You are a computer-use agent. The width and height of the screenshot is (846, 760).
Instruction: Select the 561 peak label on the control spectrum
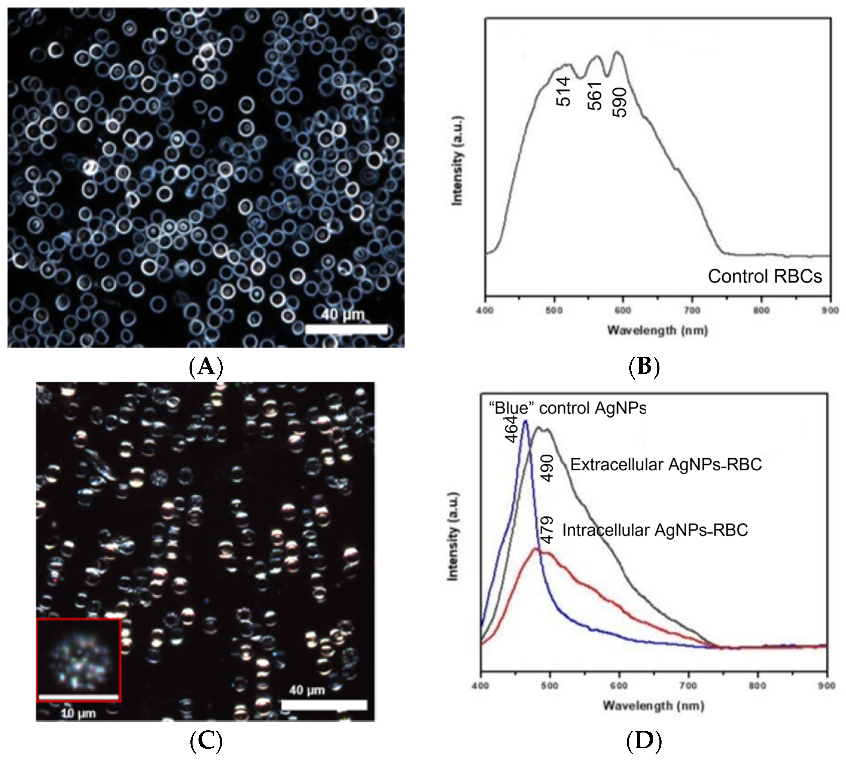pyautogui.click(x=595, y=96)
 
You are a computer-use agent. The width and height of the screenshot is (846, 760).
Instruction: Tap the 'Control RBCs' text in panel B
pyautogui.click(x=765, y=277)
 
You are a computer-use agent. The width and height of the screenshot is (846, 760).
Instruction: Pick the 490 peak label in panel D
pyautogui.click(x=547, y=468)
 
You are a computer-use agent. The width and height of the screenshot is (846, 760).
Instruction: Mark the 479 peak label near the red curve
pyautogui.click(x=547, y=529)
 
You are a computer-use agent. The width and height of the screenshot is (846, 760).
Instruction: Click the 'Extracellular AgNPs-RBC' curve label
pyautogui.click(x=666, y=465)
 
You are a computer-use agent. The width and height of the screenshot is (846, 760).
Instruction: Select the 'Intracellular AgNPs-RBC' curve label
pyautogui.click(x=655, y=530)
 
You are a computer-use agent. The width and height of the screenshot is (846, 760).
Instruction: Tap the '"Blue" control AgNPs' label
pyautogui.click(x=567, y=408)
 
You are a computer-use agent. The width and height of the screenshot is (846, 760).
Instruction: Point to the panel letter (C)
pyautogui.click(x=206, y=741)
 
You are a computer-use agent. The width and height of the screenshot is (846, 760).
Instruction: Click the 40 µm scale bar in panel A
pyautogui.click(x=346, y=329)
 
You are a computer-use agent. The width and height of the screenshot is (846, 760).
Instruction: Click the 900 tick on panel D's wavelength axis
pyautogui.click(x=826, y=686)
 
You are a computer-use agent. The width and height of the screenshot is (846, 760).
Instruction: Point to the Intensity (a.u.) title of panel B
pyautogui.click(x=458, y=161)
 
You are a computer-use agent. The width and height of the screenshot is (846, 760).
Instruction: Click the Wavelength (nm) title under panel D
pyautogui.click(x=653, y=706)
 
